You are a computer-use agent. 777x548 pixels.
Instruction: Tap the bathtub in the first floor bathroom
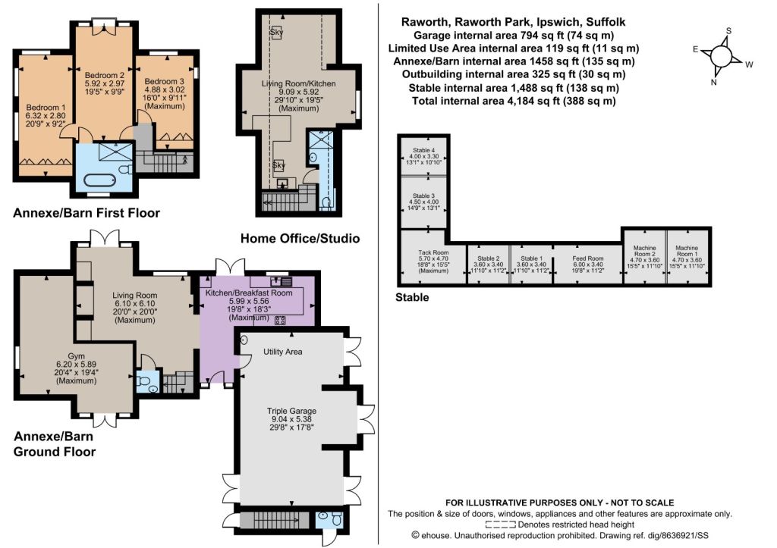(100, 180)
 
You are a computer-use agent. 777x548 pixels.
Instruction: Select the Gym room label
(77, 356)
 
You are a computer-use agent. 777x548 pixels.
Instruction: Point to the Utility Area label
(282, 352)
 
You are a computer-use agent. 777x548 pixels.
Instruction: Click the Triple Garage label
(291, 411)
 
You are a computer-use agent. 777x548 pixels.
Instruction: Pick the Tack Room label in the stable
(433, 252)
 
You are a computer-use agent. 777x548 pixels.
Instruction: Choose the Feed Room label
(588, 258)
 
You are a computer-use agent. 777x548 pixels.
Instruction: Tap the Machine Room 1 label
(686, 250)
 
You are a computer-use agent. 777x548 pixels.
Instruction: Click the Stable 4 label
(423, 150)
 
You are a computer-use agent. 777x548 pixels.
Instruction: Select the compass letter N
(713, 82)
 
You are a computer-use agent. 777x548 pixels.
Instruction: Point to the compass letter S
(728, 30)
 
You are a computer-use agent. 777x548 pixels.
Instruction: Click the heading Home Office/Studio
(300, 238)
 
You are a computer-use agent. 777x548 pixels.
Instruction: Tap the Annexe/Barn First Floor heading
(87, 213)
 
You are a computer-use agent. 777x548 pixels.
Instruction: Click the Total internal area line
(514, 101)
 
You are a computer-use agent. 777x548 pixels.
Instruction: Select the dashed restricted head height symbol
(501, 525)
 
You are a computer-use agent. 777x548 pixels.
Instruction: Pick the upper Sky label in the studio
(276, 33)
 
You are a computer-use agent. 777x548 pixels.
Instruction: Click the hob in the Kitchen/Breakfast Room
(280, 320)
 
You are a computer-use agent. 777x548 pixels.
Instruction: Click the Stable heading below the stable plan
(412, 298)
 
